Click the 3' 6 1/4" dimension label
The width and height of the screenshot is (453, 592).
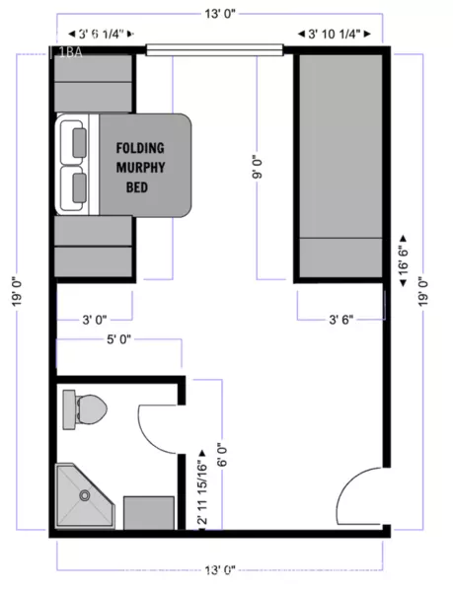pos(95,33)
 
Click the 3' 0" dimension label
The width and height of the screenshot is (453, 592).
pos(95,318)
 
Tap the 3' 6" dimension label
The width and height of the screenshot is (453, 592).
pos(340,318)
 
